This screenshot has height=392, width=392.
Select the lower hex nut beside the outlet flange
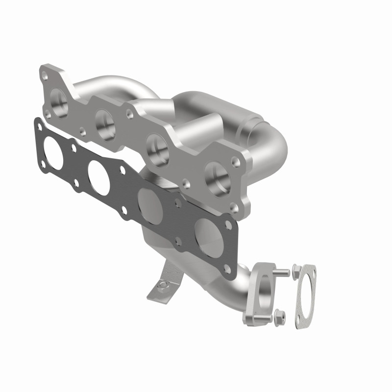[279, 314]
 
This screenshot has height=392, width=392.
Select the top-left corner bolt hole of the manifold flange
[45, 75]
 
